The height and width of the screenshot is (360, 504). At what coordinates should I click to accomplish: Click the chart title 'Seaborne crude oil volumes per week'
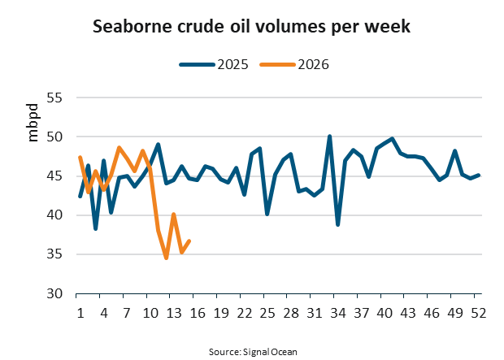click(x=251, y=27)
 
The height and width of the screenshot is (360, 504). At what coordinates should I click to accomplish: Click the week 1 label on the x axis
click(x=80, y=312)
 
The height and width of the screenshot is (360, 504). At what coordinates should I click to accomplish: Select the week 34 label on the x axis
click(x=337, y=312)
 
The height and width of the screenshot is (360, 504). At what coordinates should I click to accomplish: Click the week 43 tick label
click(x=408, y=312)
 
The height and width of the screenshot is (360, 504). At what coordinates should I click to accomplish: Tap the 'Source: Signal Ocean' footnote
click(x=251, y=349)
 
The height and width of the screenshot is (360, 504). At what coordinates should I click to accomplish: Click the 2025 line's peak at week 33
click(x=330, y=137)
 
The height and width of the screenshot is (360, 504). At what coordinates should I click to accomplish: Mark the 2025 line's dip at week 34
click(x=337, y=224)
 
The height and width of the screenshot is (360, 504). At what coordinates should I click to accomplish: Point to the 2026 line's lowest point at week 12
click(x=166, y=258)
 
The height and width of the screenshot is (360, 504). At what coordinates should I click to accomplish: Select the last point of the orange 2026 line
click(x=189, y=241)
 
